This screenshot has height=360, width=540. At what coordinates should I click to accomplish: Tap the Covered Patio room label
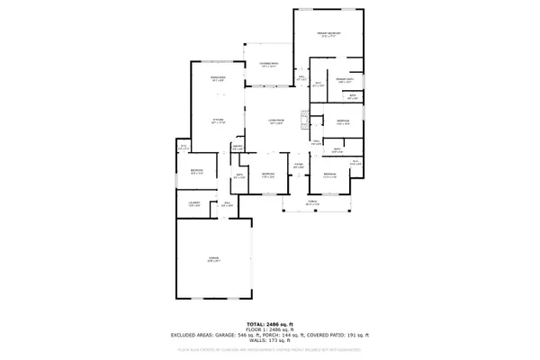click(267, 65)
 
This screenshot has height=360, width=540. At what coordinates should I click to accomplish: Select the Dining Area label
click(217, 79)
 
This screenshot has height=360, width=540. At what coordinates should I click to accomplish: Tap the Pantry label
click(238, 147)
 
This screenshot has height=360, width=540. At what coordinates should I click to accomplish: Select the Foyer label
click(296, 166)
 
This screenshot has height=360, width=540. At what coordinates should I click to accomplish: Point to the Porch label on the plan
click(311, 203)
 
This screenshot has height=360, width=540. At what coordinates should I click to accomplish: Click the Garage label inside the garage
click(214, 259)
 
